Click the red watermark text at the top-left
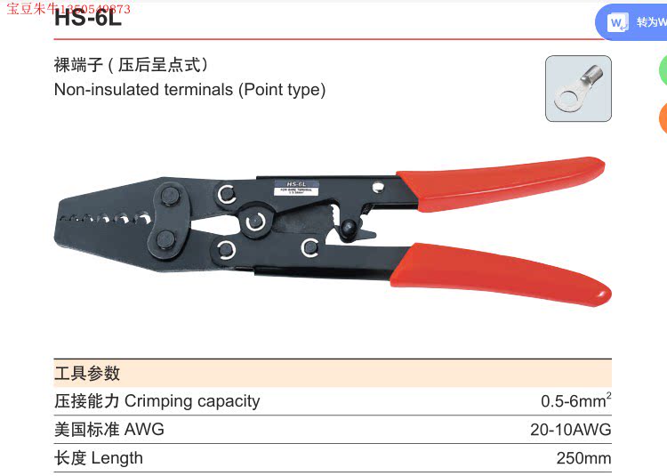pyautogui.click(x=68, y=9)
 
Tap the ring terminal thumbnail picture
pyautogui.click(x=577, y=88)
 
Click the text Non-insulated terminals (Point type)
pyautogui.click(x=189, y=90)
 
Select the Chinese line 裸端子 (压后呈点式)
pyautogui.click(x=131, y=65)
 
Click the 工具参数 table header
pyautogui.click(x=87, y=373)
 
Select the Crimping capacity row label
pyautogui.click(x=157, y=401)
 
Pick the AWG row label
pyautogui.click(x=109, y=430)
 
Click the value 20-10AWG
pyautogui.click(x=570, y=430)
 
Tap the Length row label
pyautogui.click(x=99, y=458)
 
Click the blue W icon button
pyautogui.click(x=618, y=22)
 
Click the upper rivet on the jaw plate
pyautogui.click(x=169, y=197)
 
